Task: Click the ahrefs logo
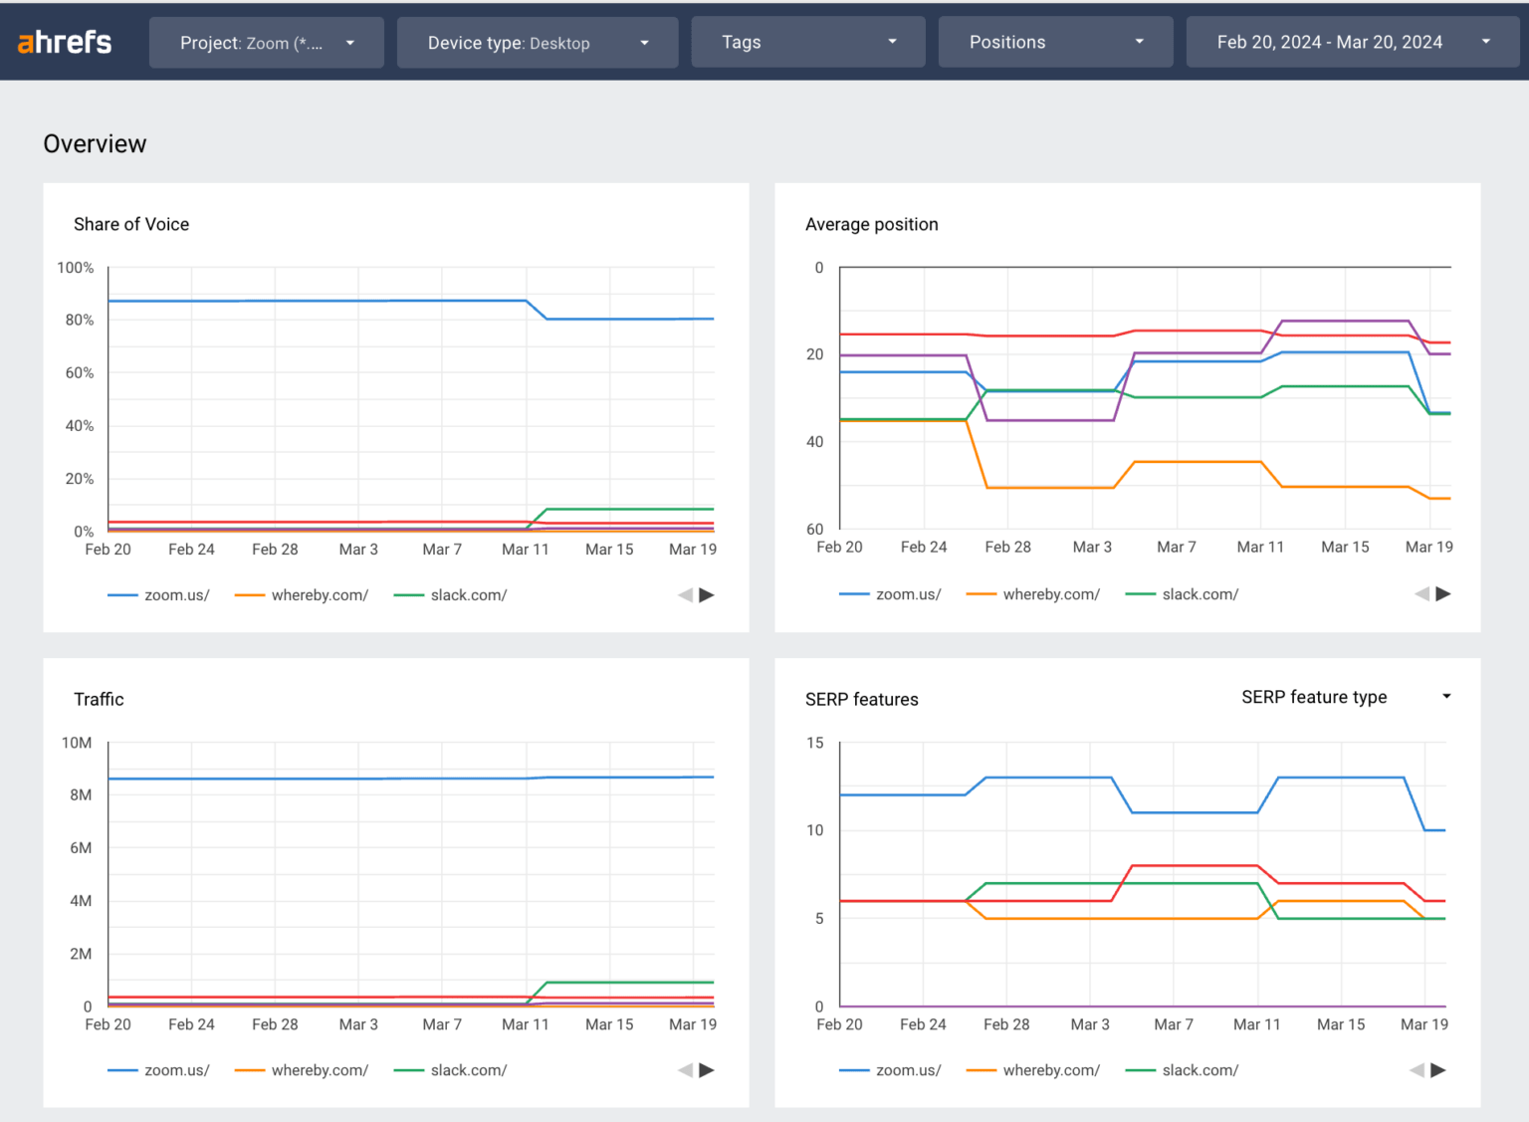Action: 65,42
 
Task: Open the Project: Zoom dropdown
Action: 266,43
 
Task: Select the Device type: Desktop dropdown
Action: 537,43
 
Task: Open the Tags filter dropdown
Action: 807,42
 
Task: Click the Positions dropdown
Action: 1055,42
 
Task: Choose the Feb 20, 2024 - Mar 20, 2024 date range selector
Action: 1352,42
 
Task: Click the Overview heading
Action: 95,144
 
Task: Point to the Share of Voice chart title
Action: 131,224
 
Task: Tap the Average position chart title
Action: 871,224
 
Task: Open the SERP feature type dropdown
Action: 1345,697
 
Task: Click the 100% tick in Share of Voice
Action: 76,268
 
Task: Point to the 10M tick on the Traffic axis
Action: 77,743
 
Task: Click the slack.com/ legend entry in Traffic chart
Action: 468,1070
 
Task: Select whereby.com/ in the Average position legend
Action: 1050,594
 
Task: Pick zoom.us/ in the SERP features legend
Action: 907,1070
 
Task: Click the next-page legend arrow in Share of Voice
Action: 707,595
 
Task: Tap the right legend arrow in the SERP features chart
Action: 1438,1070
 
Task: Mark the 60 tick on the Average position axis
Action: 814,529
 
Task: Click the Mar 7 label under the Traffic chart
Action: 442,1024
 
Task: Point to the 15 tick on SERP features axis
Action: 814,743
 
